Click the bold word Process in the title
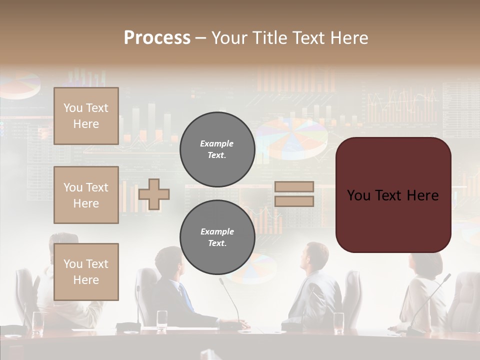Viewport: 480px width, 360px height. (157, 38)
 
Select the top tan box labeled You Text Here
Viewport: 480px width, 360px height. (86, 116)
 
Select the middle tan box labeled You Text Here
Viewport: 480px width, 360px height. (86, 195)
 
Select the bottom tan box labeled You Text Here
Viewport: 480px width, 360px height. (86, 271)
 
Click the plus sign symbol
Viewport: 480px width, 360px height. (154, 194)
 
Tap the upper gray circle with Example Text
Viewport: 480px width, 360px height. (217, 149)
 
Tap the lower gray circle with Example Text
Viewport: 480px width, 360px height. (217, 237)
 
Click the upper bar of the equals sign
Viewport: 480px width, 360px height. (294, 186)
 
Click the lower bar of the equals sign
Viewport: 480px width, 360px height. (294, 201)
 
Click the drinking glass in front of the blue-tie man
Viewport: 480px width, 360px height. (162, 320)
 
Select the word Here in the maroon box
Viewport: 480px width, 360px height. (422, 195)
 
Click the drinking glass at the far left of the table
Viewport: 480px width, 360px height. (37, 322)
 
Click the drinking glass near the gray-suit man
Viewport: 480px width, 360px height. (338, 322)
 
